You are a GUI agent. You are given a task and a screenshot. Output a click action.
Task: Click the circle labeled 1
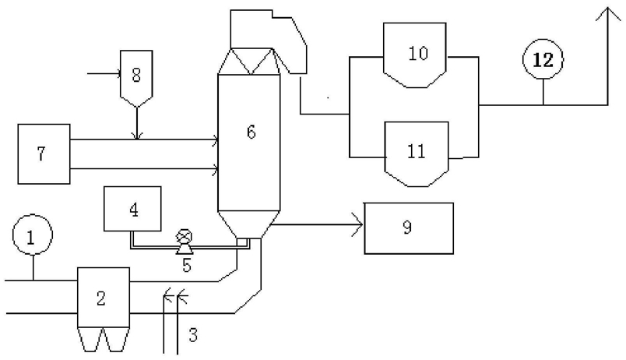(x=33, y=235)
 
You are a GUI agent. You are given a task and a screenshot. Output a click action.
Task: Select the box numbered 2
(x=104, y=297)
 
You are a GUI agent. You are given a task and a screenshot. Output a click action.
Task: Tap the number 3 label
(x=193, y=335)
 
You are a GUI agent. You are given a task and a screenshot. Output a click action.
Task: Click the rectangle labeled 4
(x=132, y=209)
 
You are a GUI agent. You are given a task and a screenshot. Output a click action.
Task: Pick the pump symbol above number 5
(x=185, y=242)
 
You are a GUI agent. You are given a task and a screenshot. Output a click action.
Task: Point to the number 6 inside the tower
(x=251, y=132)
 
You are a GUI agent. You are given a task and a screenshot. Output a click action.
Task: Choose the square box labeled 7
(x=44, y=154)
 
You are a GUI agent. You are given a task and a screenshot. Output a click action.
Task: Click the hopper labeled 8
(x=136, y=79)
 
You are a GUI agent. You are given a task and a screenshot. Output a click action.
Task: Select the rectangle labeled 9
(x=409, y=228)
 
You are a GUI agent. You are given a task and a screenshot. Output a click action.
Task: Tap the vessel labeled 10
(x=415, y=55)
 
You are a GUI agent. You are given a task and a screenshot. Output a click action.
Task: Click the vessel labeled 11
(x=417, y=154)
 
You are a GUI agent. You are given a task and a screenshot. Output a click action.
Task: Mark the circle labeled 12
(x=543, y=59)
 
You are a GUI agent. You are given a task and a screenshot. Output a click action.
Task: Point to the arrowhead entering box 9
(x=357, y=224)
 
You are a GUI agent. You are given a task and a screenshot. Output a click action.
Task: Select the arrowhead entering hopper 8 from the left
(x=118, y=73)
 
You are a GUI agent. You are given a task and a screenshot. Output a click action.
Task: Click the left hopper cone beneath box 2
(x=90, y=340)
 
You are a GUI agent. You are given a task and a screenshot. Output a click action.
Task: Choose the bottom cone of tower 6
(x=248, y=224)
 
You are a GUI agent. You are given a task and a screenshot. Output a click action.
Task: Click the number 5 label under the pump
(x=187, y=265)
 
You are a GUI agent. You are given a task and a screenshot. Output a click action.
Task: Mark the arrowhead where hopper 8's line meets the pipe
(x=137, y=136)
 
